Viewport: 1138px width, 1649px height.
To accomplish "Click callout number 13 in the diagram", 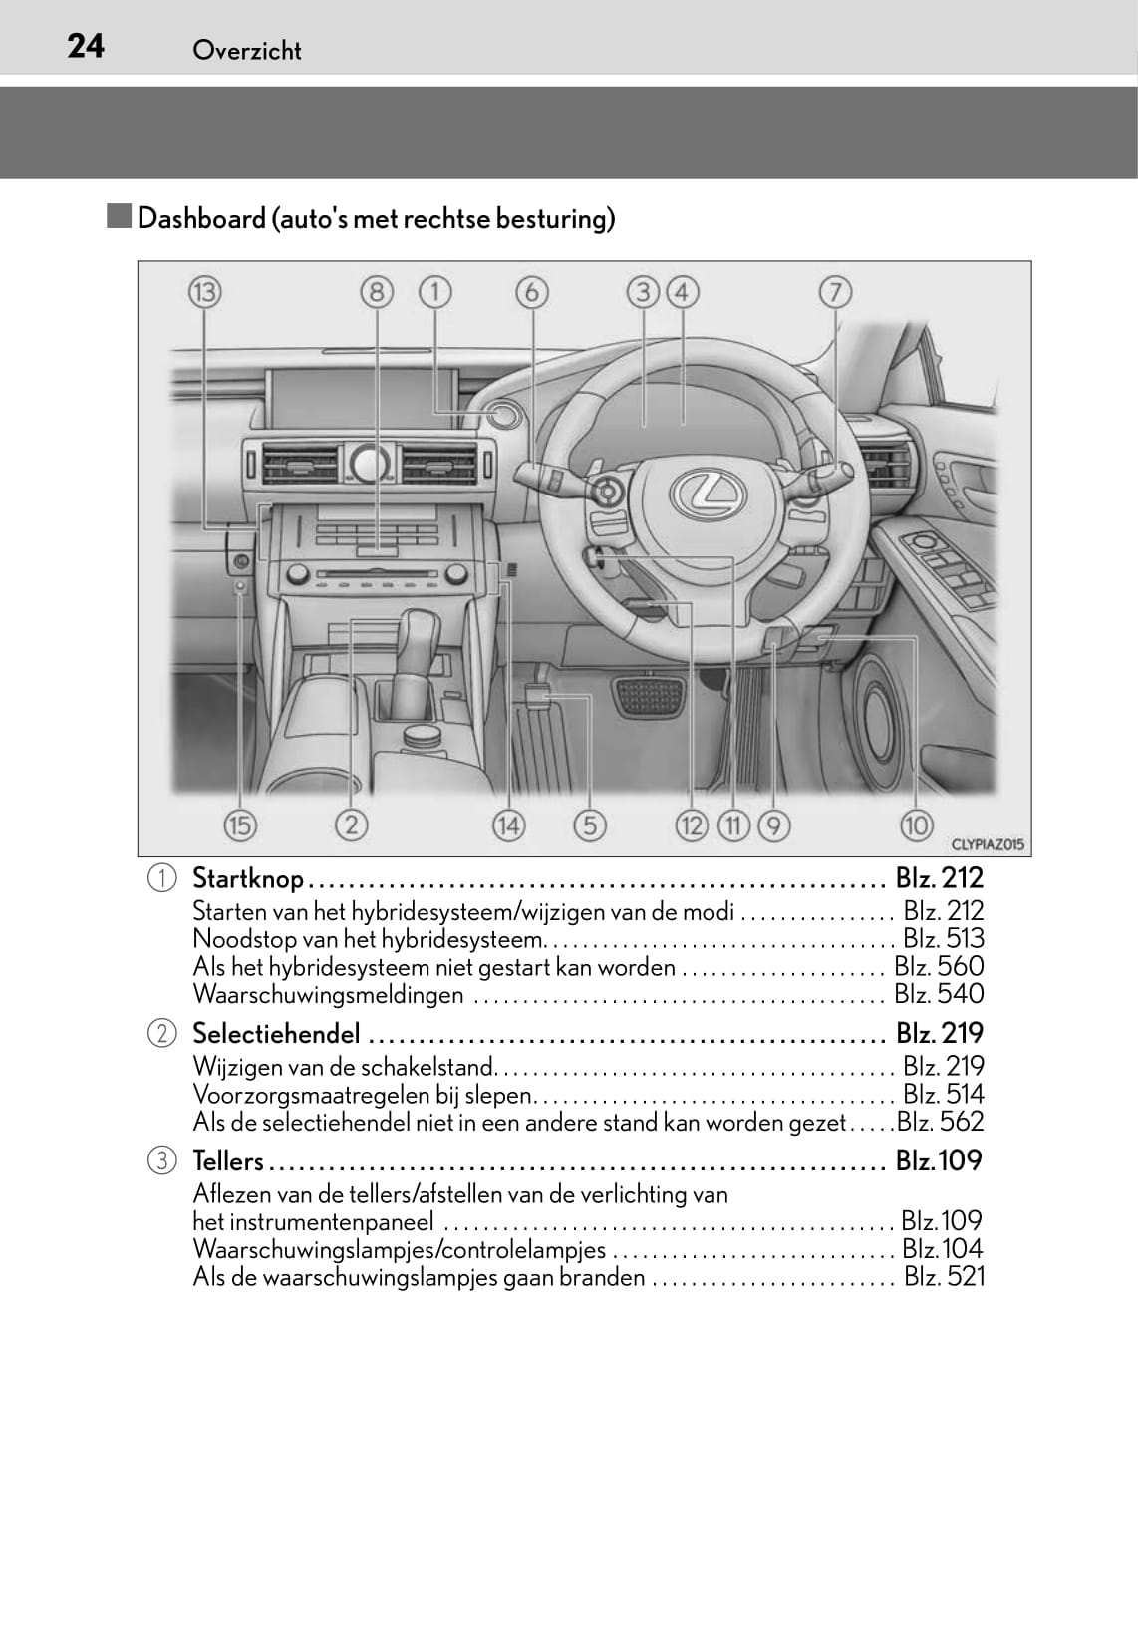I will tap(205, 293).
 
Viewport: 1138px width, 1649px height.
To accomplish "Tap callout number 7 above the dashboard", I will tap(835, 293).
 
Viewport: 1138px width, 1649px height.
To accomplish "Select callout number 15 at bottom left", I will tap(239, 825).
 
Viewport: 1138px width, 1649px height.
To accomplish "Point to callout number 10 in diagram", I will tap(916, 825).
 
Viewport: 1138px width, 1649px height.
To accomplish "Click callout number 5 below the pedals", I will tap(590, 825).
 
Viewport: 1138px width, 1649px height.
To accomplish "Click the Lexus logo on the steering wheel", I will tap(708, 492).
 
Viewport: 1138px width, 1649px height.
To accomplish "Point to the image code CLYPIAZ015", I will tap(987, 844).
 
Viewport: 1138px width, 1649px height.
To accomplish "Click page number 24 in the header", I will tap(86, 46).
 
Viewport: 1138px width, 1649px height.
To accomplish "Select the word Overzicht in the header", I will tap(246, 50).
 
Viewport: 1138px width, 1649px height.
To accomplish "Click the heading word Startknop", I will tap(248, 878).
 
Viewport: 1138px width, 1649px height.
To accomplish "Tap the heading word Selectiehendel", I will tap(276, 1033).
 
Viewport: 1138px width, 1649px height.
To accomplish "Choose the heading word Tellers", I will tap(228, 1161).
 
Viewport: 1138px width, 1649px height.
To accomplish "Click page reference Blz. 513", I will tap(943, 939).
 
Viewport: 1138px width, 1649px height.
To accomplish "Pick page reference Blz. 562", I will tap(940, 1122).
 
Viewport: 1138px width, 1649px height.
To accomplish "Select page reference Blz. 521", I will tap(944, 1277).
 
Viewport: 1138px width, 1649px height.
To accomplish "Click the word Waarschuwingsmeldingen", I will tap(328, 995).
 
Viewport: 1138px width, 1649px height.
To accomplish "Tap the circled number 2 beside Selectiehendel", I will tap(161, 1033).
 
